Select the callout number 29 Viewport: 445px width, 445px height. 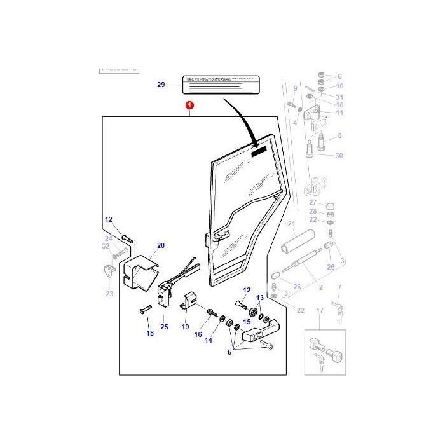tap(160, 85)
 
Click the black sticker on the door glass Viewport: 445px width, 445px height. tap(260, 153)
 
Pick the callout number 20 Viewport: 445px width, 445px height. tap(160, 245)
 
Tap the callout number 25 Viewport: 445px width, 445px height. tap(164, 327)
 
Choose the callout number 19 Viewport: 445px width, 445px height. tap(186, 327)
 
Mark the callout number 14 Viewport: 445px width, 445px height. tap(209, 341)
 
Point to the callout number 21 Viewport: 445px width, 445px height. tap(291, 224)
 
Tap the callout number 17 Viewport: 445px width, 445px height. tap(320, 311)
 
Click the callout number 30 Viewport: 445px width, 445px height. tap(339, 156)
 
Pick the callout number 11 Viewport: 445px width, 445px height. tap(339, 113)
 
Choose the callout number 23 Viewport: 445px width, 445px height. tap(109, 294)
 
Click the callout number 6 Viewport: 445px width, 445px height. tap(339, 76)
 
